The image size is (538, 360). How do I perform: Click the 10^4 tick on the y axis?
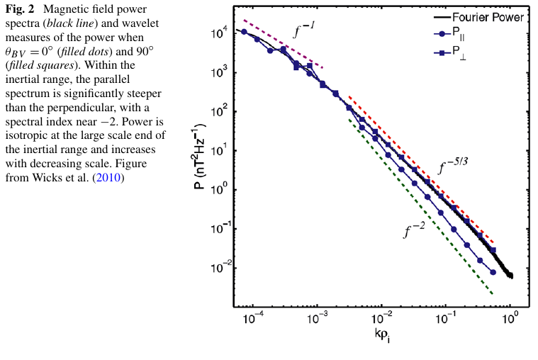[x=220, y=33]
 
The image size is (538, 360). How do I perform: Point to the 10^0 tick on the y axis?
[x=220, y=190]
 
